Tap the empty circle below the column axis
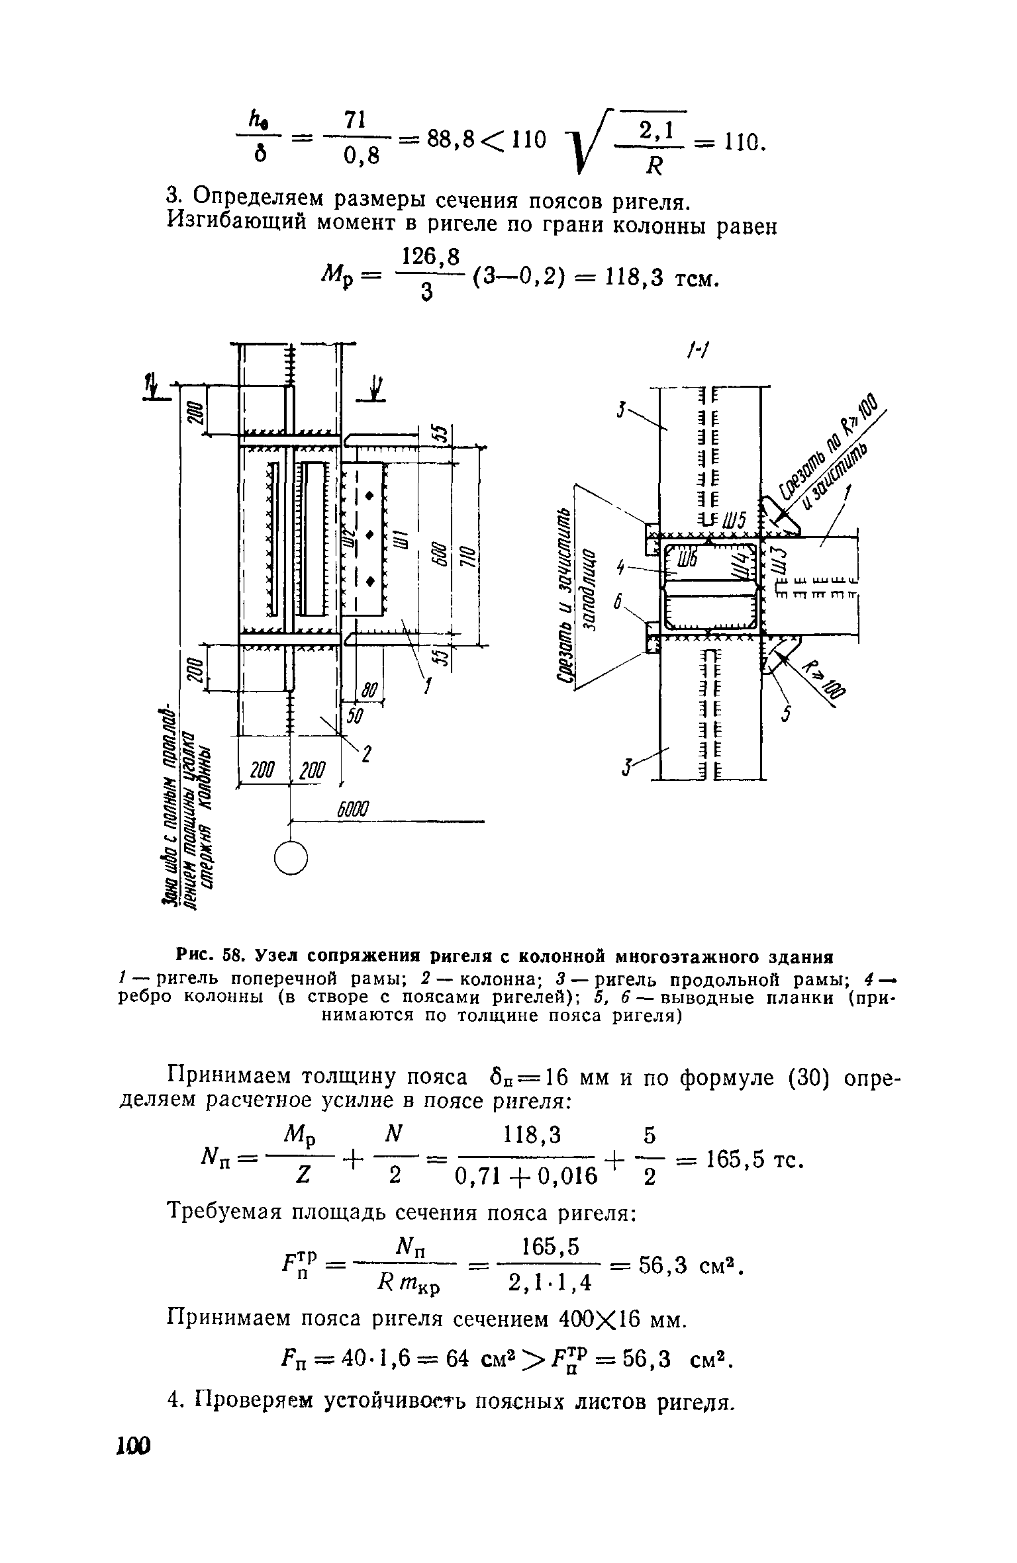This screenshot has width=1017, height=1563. pyautogui.click(x=291, y=858)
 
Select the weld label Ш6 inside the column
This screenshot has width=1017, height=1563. pyautogui.click(x=686, y=558)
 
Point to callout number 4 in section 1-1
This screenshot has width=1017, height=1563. pyautogui.click(x=620, y=566)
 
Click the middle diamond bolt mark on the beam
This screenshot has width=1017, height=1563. pyautogui.click(x=369, y=533)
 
